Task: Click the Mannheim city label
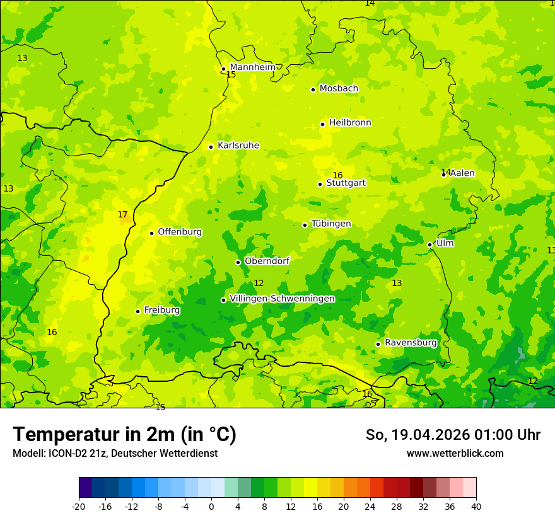[x=253, y=67]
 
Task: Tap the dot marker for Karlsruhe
[x=211, y=147]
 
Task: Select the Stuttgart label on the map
[x=346, y=183]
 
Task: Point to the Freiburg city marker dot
[x=137, y=311]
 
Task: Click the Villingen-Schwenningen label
[x=282, y=299]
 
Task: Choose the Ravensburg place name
[x=411, y=343]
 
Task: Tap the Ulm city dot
[x=429, y=244]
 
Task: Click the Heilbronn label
[x=350, y=123]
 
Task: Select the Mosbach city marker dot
[x=313, y=89]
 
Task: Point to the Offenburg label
[x=180, y=232]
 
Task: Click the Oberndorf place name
[x=267, y=261]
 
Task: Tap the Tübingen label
[x=331, y=224]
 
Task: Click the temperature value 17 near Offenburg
[x=122, y=215]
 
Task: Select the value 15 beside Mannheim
[x=231, y=75]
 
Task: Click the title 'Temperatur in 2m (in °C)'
[x=124, y=435]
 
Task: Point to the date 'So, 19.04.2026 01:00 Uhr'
[x=453, y=435]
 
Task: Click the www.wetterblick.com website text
[x=455, y=454]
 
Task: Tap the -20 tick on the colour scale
[x=79, y=506]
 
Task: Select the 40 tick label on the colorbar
[x=476, y=506]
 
